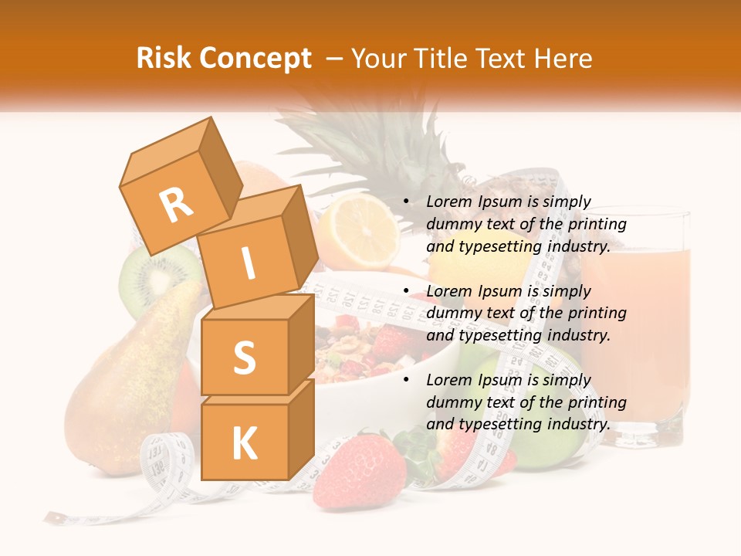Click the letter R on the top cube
(177, 205)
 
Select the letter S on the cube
(244, 358)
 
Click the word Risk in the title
(164, 59)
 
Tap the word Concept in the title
(255, 59)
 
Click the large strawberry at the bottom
(359, 471)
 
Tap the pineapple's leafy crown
(347, 147)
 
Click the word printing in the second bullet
(597, 314)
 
